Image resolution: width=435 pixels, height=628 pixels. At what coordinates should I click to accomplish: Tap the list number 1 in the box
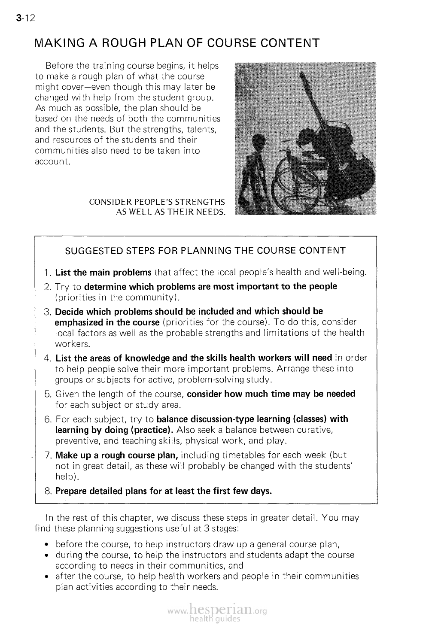click(48, 273)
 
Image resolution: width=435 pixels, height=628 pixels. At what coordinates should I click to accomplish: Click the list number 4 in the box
click(48, 358)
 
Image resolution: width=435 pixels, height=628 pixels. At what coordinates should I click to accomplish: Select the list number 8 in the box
click(48, 491)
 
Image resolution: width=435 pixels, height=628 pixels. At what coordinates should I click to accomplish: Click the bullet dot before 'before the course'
click(46, 545)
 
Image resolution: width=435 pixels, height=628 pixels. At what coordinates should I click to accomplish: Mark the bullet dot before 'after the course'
click(46, 577)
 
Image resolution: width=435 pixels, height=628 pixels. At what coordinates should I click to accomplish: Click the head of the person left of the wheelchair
click(258, 143)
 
